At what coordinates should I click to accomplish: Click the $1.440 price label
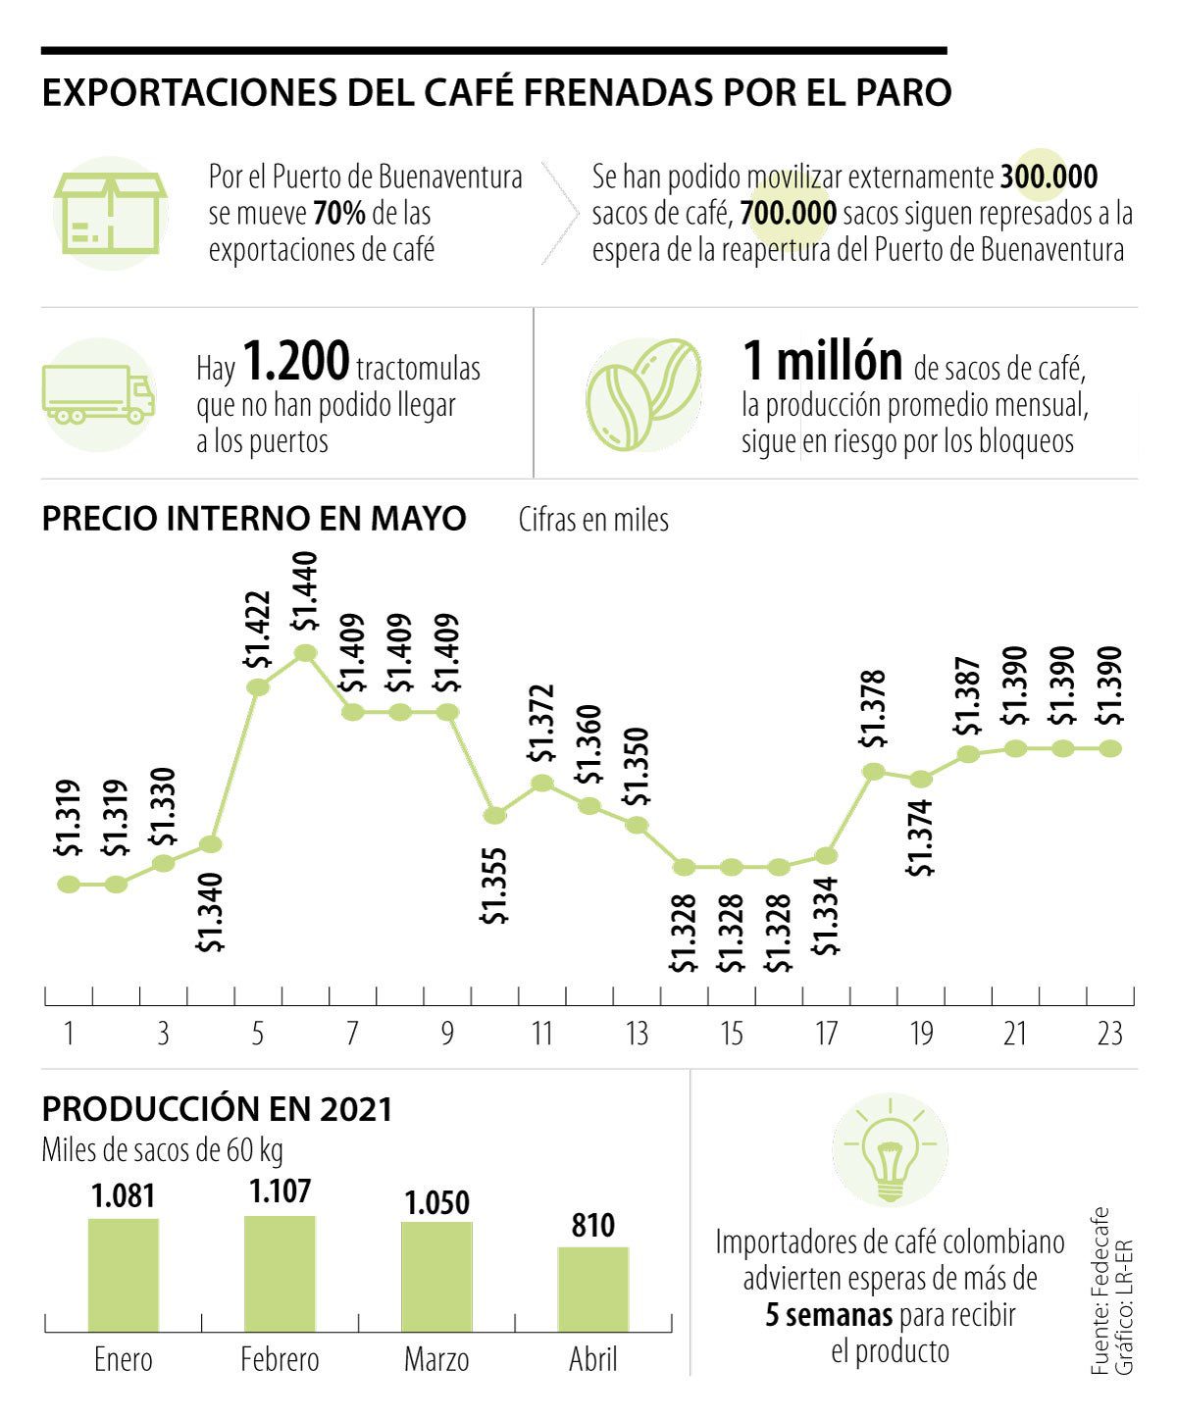pyautogui.click(x=305, y=590)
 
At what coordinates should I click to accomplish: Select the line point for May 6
pyautogui.click(x=305, y=653)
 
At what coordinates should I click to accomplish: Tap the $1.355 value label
pyautogui.click(x=495, y=886)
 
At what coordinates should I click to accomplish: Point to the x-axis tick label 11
pyautogui.click(x=542, y=1035)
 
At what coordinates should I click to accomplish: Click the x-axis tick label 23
pyautogui.click(x=1109, y=1035)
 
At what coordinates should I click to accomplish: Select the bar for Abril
pyautogui.click(x=593, y=1289)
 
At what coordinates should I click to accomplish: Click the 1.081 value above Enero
pyautogui.click(x=124, y=1197)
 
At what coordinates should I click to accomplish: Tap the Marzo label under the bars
pyautogui.click(x=436, y=1359)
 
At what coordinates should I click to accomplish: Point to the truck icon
pyautogui.click(x=98, y=394)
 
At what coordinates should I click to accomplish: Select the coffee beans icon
pyautogui.click(x=643, y=394)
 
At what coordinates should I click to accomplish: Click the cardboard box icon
pyautogui.click(x=110, y=213)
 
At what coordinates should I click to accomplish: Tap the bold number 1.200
pyautogui.click(x=295, y=362)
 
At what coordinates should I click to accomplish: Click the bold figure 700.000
pyautogui.click(x=788, y=213)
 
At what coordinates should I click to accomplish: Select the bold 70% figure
pyautogui.click(x=339, y=213)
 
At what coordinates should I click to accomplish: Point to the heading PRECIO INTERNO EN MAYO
pyautogui.click(x=254, y=518)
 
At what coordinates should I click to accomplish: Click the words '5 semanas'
pyautogui.click(x=829, y=1314)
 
